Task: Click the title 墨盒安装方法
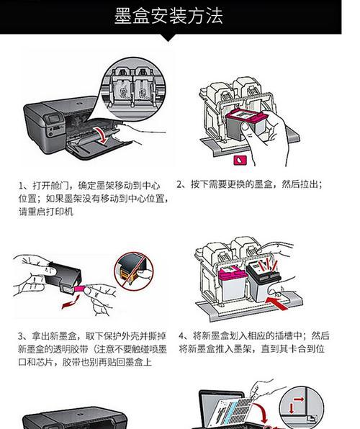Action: [x=168, y=16]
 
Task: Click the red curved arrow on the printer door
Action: [x=102, y=135]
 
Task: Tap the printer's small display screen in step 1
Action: [x=54, y=119]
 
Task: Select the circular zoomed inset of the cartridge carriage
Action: [x=133, y=89]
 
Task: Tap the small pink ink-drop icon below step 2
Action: [x=240, y=161]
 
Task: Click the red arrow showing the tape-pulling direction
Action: [x=71, y=302]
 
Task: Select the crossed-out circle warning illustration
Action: [x=134, y=271]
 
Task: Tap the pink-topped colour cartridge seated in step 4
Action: [x=233, y=284]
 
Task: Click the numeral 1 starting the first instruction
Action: [x=21, y=186]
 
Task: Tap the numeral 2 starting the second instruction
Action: [x=179, y=184]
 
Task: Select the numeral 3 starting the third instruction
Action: [x=21, y=336]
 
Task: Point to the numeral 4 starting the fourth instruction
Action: [x=181, y=335]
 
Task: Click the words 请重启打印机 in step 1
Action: [x=46, y=212]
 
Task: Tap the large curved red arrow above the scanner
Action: [x=261, y=412]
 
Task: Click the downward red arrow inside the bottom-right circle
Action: [x=292, y=408]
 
